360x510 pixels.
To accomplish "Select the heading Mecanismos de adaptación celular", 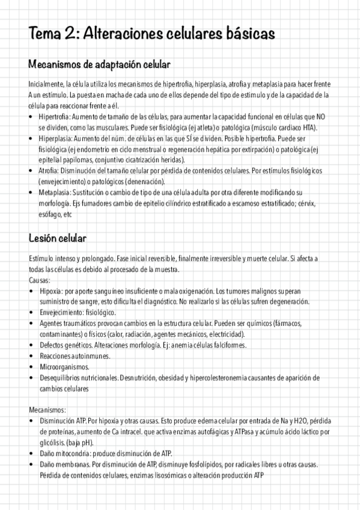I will tap(99, 64).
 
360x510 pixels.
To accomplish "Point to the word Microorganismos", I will tap(64, 366).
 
